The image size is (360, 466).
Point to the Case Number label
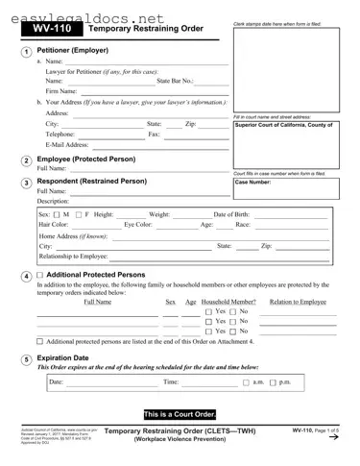[x=253, y=181]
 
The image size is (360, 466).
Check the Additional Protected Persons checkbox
[x=39, y=275]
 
